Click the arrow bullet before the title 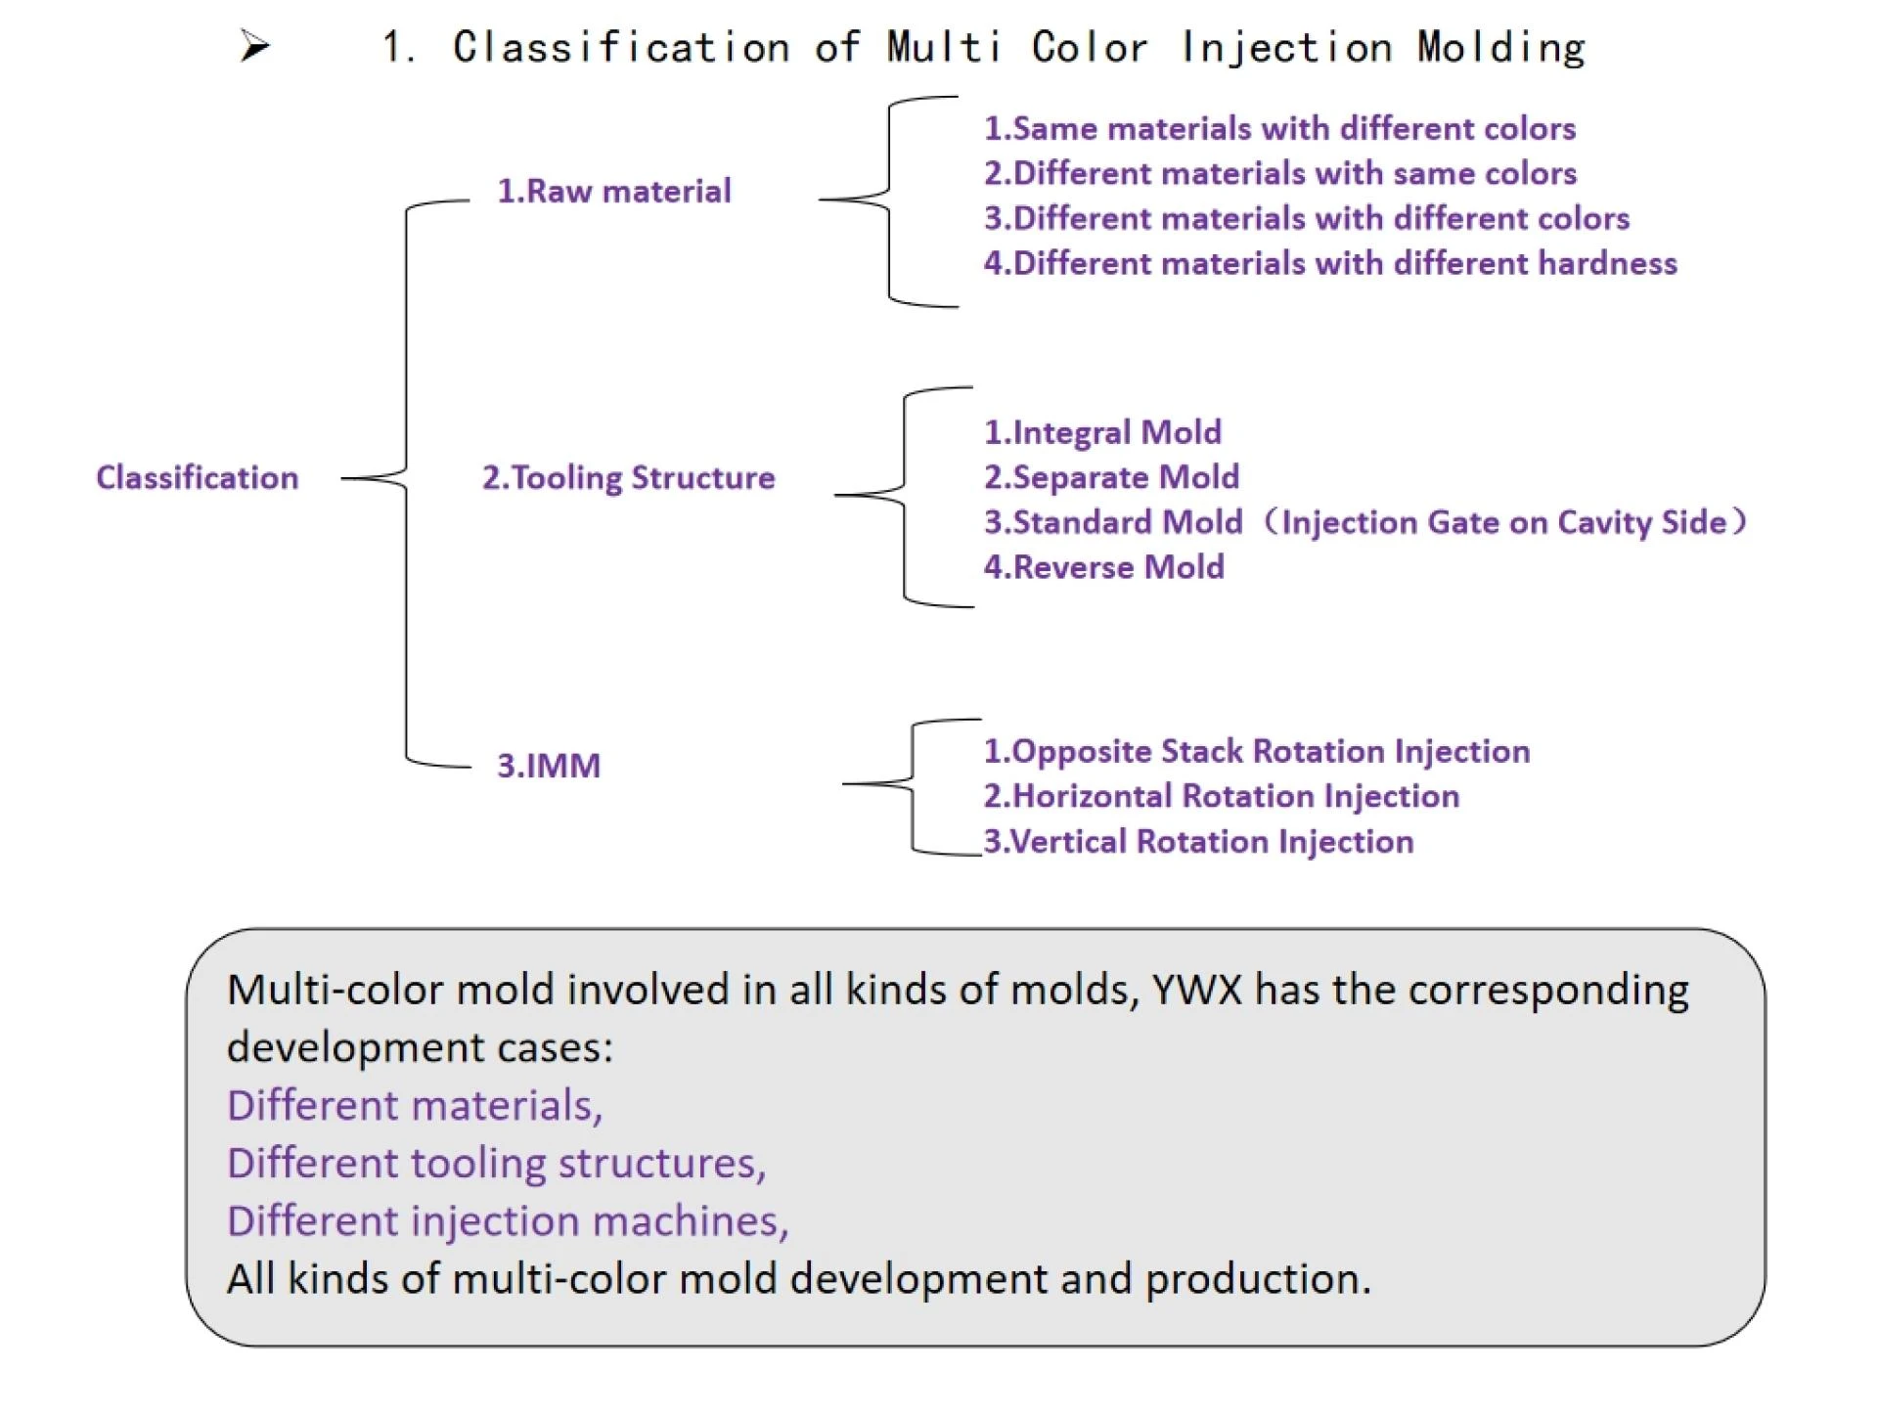(254, 46)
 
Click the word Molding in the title (1500, 47)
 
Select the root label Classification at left (197, 478)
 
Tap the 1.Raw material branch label (613, 191)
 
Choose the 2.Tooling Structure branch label (628, 478)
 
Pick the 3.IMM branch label (548, 766)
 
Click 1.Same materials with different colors (1279, 128)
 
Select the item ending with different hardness (1330, 263)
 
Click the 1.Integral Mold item (1102, 432)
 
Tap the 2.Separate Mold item (1111, 477)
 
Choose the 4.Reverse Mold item (1103, 567)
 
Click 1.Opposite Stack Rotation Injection (1256, 751)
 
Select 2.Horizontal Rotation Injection (1221, 796)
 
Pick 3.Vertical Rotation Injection (1198, 842)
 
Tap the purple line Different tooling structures (496, 1164)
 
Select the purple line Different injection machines (507, 1221)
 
